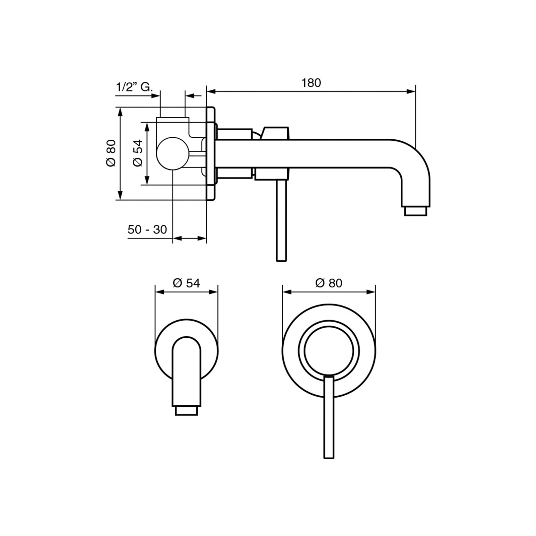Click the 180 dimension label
[311, 83]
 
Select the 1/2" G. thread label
[134, 87]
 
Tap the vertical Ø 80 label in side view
[111, 153]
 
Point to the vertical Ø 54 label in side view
[138, 153]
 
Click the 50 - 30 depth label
[147, 229]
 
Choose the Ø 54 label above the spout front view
[186, 283]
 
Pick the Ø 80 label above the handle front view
[329, 283]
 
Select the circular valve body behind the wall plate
[173, 153]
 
